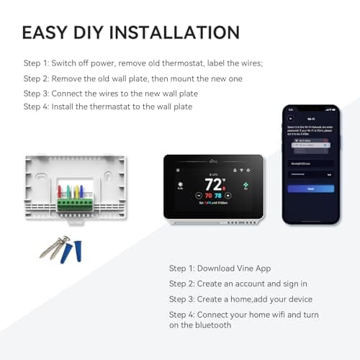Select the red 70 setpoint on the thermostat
(208, 195)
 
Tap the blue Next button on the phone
(310, 189)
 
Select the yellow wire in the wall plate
(80, 192)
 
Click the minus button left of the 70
(198, 195)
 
